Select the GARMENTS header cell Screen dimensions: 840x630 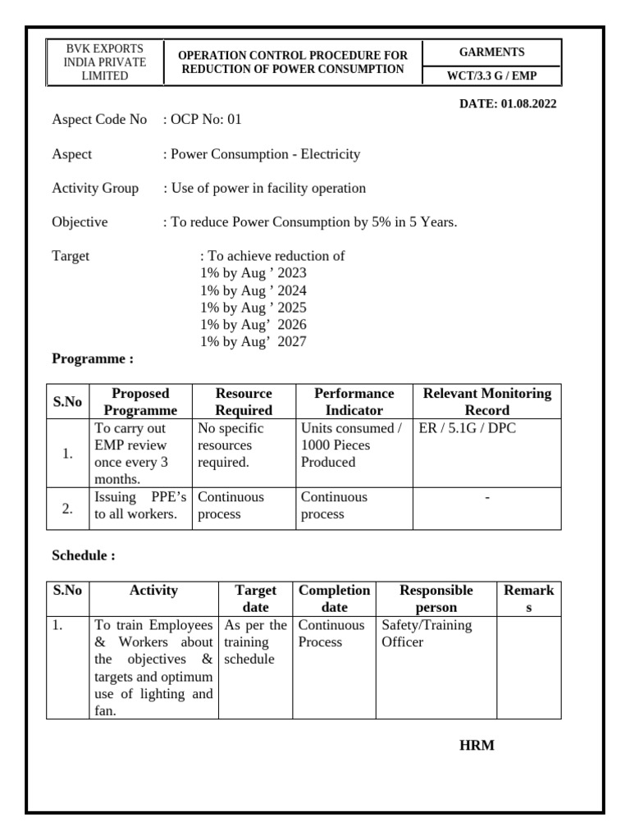pyautogui.click(x=491, y=52)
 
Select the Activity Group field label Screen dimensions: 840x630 pyautogui.click(x=95, y=189)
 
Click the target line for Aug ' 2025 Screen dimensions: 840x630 pyautogui.click(x=253, y=308)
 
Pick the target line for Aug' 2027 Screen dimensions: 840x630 pyautogui.click(x=253, y=342)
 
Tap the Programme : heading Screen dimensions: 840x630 pyautogui.click(x=93, y=359)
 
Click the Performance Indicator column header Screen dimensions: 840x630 pyautogui.click(x=354, y=402)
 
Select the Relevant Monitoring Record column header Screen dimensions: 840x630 pyautogui.click(x=486, y=402)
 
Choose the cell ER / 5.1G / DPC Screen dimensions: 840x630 pyautogui.click(x=468, y=428)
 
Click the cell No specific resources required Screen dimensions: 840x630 pyautogui.click(x=232, y=445)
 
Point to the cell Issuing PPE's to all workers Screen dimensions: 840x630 pyautogui.click(x=140, y=506)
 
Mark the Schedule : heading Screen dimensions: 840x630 pyautogui.click(x=84, y=556)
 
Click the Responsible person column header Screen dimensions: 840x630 pyautogui.click(x=436, y=599)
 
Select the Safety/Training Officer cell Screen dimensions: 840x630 pyautogui.click(x=427, y=633)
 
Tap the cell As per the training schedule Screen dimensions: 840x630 pyautogui.click(x=255, y=642)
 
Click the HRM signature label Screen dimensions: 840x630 pyautogui.click(x=477, y=746)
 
